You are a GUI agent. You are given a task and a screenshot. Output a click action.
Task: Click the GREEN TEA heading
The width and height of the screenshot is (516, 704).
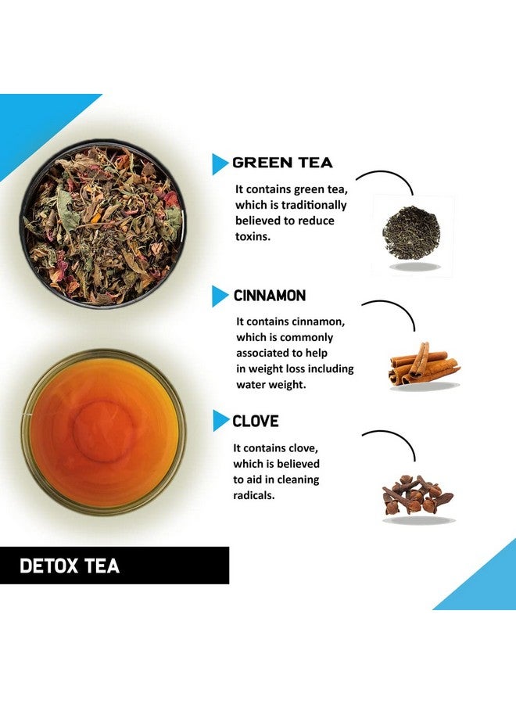click(x=282, y=163)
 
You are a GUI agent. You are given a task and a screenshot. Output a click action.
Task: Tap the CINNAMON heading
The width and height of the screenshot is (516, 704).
click(x=269, y=296)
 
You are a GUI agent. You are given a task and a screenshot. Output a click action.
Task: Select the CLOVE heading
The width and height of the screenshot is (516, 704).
click(x=255, y=421)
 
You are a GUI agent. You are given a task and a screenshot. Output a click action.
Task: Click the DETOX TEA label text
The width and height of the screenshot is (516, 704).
click(x=70, y=566)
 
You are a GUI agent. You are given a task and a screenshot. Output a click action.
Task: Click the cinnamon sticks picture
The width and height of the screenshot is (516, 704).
click(x=423, y=364)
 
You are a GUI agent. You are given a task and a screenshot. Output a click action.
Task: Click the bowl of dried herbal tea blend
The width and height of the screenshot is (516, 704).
click(x=102, y=224)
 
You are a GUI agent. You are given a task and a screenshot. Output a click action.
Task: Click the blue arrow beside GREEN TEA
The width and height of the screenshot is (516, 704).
click(x=219, y=163)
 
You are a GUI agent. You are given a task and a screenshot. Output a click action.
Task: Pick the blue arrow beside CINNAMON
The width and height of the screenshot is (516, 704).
click(x=219, y=296)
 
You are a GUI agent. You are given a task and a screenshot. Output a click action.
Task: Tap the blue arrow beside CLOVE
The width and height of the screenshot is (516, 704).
click(x=219, y=421)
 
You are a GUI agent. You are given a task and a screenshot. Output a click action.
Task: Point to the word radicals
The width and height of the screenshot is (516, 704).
click(x=254, y=494)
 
